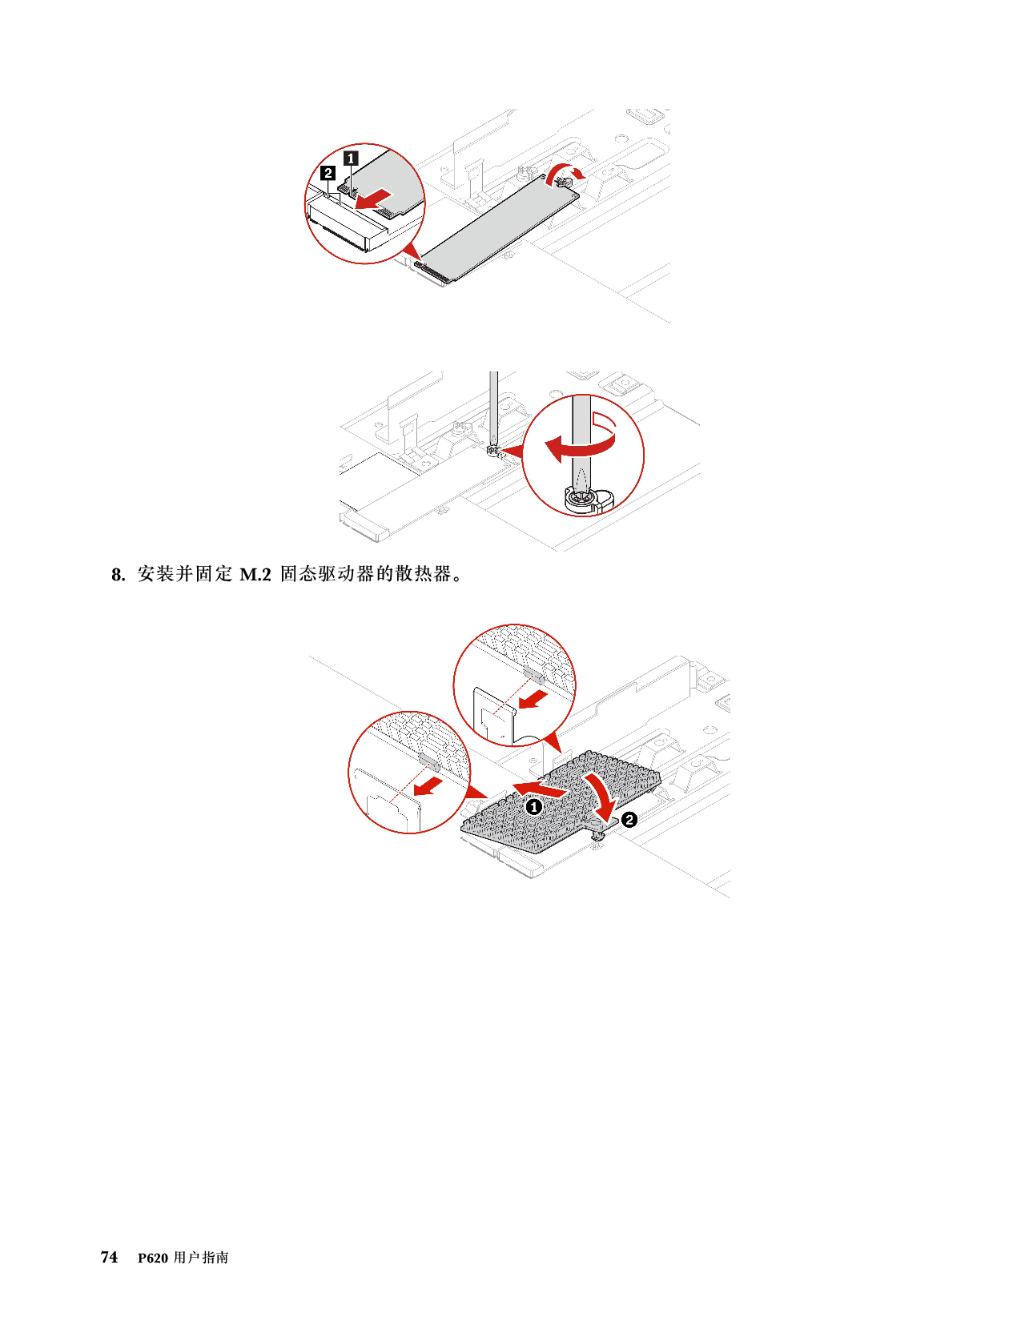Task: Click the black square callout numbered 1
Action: (x=351, y=158)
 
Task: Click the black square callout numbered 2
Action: (x=328, y=173)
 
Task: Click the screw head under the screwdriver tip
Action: (x=580, y=499)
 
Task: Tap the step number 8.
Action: (x=118, y=575)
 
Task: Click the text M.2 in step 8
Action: (x=255, y=575)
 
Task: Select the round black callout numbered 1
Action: (x=533, y=807)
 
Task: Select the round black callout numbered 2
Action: (x=629, y=820)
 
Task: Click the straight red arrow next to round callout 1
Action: (x=541, y=789)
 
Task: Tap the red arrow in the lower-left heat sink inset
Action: (x=428, y=785)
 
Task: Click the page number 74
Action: (x=110, y=1257)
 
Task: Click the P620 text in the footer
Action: (x=153, y=1258)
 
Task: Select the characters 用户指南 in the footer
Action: (x=201, y=1257)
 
